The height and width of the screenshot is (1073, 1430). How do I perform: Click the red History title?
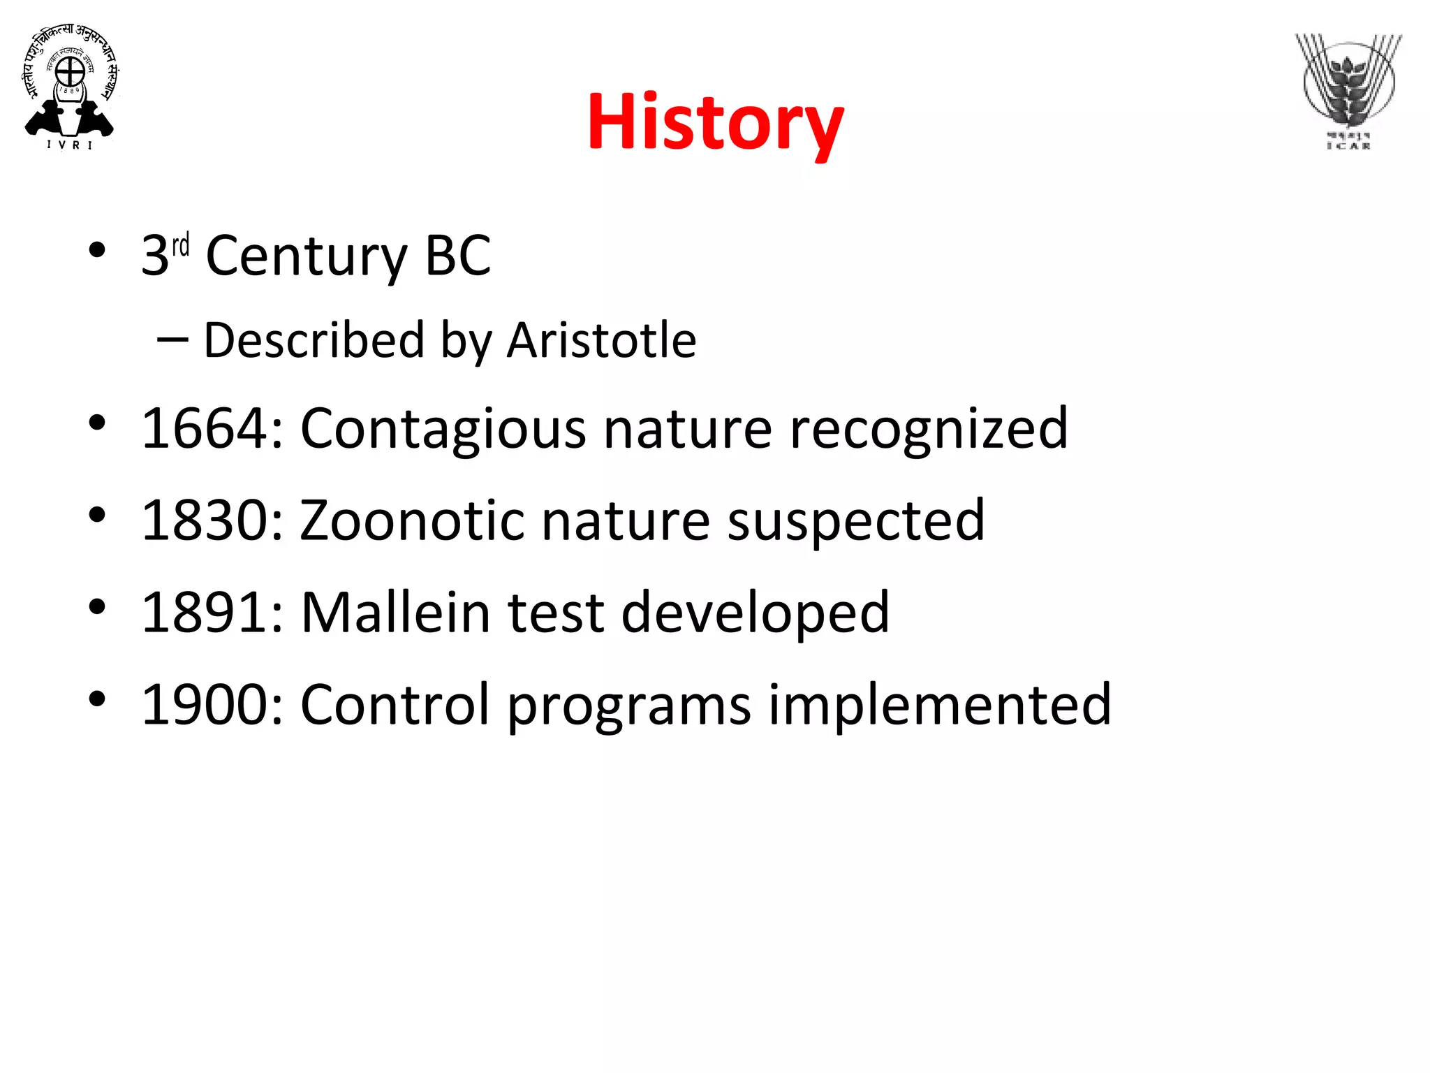(715, 123)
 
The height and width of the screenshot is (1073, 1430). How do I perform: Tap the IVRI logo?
(70, 87)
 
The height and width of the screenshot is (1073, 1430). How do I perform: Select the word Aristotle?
(601, 341)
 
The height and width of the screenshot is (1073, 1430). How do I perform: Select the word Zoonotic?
(412, 520)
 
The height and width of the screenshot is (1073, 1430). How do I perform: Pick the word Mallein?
(396, 613)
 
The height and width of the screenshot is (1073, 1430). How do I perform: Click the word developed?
(755, 613)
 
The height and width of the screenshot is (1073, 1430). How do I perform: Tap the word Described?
(314, 341)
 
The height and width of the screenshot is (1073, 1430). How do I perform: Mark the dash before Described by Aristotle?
(172, 340)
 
